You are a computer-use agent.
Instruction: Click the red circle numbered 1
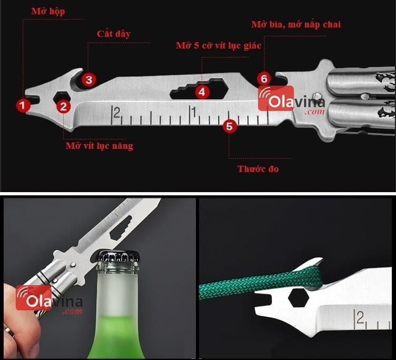click(x=23, y=105)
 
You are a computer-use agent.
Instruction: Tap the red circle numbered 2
click(x=63, y=106)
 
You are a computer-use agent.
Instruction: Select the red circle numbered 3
click(x=89, y=80)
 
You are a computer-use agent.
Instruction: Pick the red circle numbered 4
click(x=202, y=92)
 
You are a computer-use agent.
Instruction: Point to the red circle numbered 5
click(x=230, y=126)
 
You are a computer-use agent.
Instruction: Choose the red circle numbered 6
click(x=264, y=79)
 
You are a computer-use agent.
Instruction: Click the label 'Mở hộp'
click(x=48, y=12)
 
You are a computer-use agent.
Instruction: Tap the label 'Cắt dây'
click(x=114, y=34)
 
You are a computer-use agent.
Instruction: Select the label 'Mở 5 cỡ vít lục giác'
click(x=219, y=46)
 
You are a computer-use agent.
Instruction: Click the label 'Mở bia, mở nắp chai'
click(x=296, y=24)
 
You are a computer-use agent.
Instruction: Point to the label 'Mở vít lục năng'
click(x=99, y=146)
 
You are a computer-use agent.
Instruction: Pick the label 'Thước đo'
click(x=258, y=168)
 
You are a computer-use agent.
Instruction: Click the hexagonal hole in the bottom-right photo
click(x=298, y=298)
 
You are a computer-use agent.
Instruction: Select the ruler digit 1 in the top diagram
click(x=194, y=112)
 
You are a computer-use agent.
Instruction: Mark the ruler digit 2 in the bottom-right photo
click(x=361, y=318)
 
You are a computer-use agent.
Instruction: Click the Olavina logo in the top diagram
click(x=291, y=100)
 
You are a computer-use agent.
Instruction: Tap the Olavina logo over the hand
click(x=49, y=299)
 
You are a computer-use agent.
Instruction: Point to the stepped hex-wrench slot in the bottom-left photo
click(x=121, y=228)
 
